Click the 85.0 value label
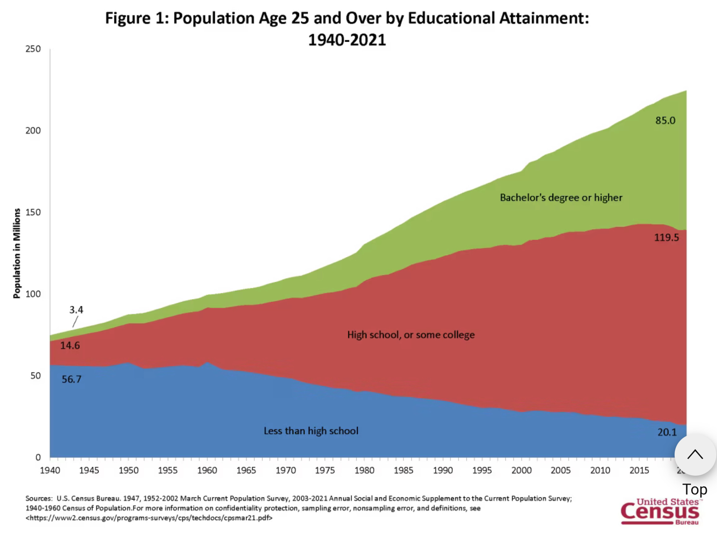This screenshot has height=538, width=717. point(665,120)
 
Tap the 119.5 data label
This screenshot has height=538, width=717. point(666,237)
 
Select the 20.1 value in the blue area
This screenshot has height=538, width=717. point(667,432)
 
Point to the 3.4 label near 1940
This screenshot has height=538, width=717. point(76,310)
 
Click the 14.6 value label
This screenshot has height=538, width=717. point(70,345)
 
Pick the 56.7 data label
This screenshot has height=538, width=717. point(71,379)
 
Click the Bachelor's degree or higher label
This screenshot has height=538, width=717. point(561,198)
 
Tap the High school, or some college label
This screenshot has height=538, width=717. point(411,335)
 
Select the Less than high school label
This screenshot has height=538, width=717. point(311,431)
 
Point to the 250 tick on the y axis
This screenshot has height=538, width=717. point(33,49)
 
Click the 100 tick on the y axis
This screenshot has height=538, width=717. point(33,294)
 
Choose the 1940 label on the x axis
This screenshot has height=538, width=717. point(50,471)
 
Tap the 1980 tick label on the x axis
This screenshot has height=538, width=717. point(364,471)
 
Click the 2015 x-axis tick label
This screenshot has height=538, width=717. point(639,471)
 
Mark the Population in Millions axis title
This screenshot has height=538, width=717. point(17,253)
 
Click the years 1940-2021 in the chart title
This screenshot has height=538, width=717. point(347,40)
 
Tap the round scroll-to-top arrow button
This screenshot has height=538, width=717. point(695,455)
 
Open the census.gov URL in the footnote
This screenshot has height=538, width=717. point(149,518)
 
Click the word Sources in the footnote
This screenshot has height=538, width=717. point(38,498)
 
